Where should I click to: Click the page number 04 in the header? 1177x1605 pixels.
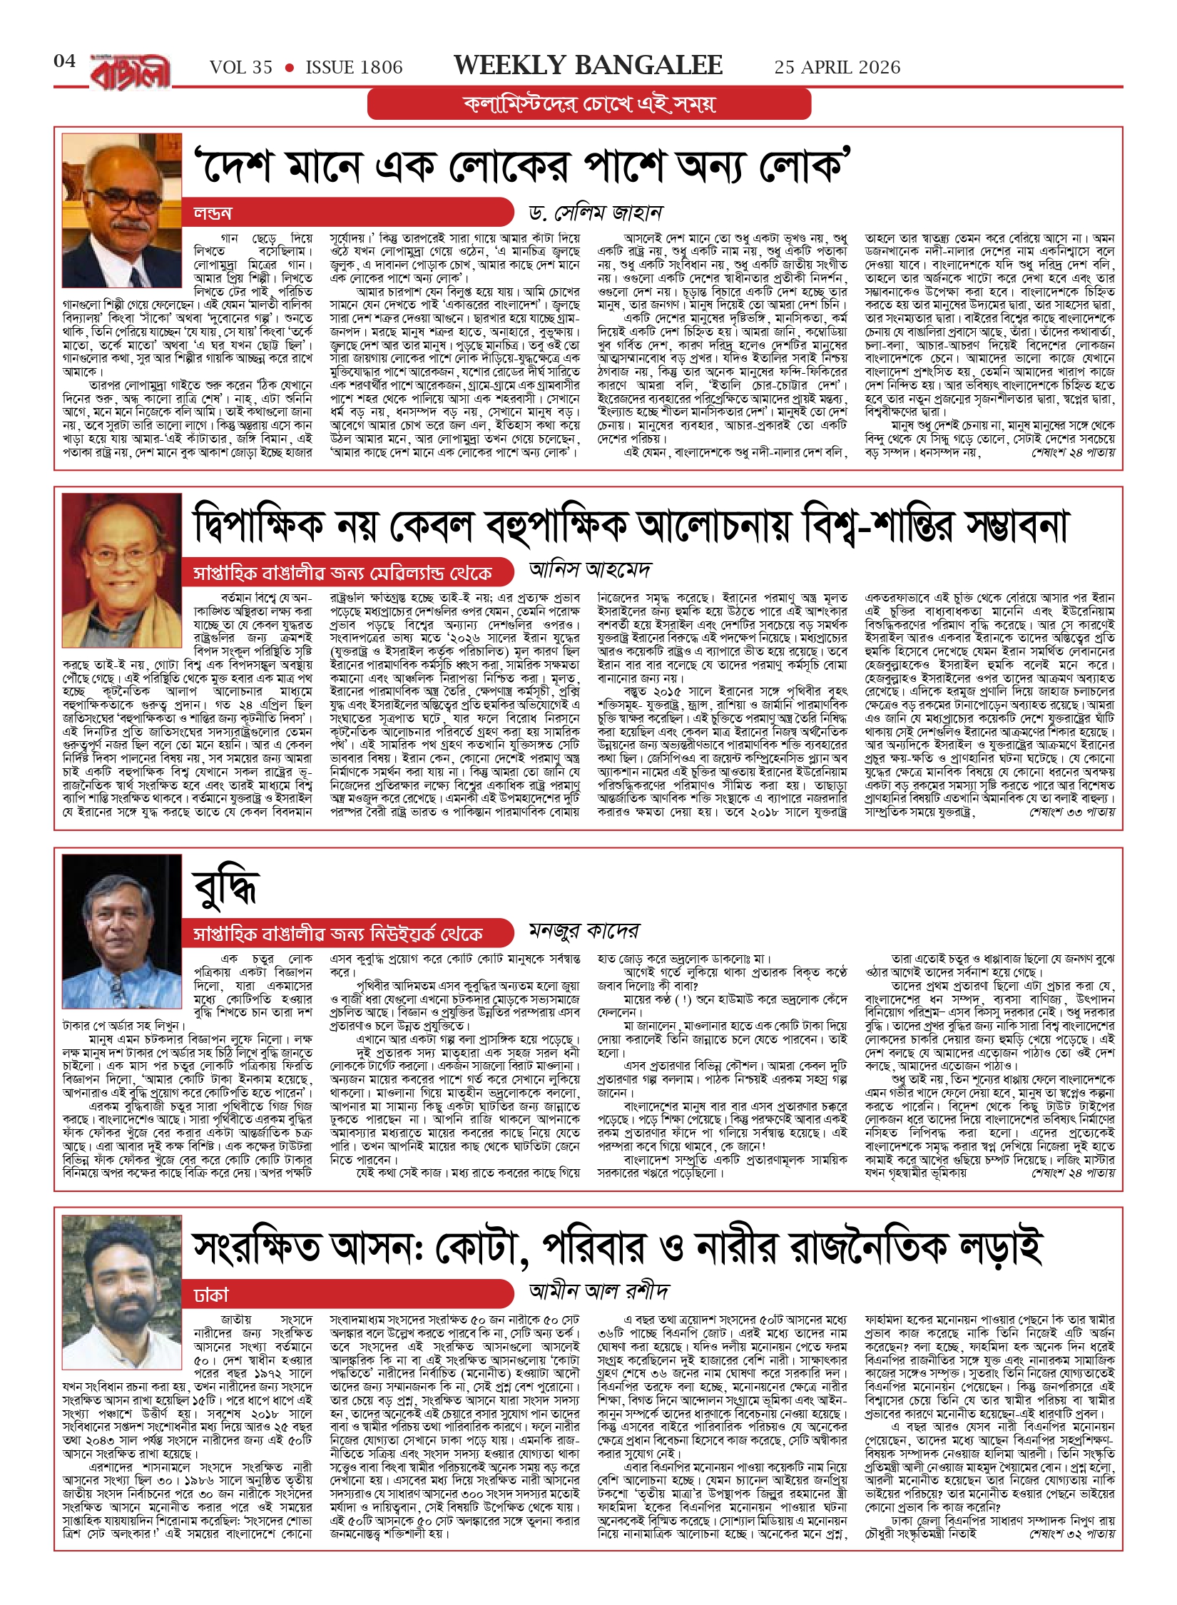coord(64,61)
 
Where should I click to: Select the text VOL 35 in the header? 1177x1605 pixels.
coord(240,68)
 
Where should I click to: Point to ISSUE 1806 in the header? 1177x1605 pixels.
coord(354,68)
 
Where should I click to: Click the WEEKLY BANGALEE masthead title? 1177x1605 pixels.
coord(588,66)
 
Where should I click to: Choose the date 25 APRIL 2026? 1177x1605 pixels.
coord(837,68)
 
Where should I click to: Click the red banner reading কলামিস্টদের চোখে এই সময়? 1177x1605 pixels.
coord(588,104)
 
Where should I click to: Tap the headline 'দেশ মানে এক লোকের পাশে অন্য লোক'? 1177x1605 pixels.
coord(523,166)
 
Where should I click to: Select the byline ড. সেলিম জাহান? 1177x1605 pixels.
coord(596,213)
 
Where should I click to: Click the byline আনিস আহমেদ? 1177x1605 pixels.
coord(590,570)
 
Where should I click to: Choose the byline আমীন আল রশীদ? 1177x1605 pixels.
coord(598,1290)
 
